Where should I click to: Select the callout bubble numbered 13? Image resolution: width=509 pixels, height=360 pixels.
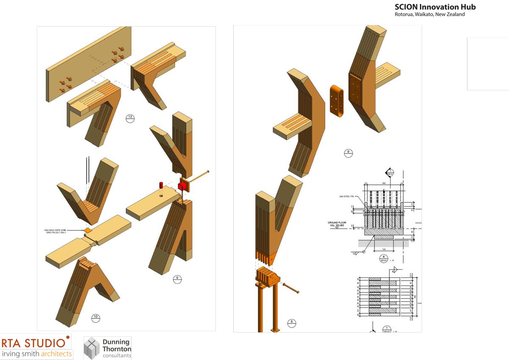(130, 119)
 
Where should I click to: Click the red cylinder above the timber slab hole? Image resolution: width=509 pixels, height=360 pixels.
(161, 185)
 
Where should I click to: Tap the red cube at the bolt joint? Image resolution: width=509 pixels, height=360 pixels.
(182, 186)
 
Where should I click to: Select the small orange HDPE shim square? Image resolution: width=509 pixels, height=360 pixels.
(87, 230)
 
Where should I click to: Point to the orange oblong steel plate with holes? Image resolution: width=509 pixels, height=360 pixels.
(337, 103)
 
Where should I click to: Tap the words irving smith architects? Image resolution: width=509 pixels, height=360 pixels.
(37, 354)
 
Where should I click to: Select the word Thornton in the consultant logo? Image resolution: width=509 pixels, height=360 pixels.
(117, 349)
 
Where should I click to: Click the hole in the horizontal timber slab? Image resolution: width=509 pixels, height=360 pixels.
(161, 196)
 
